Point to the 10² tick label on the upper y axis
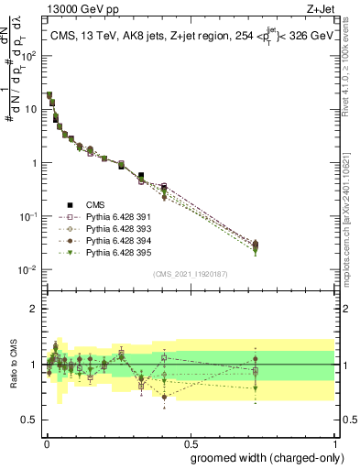tap(30, 55)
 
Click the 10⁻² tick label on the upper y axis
tap(30, 269)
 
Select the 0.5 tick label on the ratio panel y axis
tap(31, 420)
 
